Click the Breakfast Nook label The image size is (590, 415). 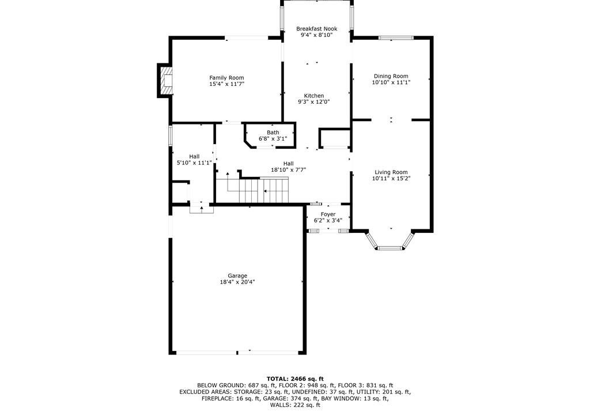click(316, 29)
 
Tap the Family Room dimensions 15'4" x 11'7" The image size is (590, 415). click(226, 84)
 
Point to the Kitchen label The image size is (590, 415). click(314, 96)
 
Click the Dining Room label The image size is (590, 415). click(391, 76)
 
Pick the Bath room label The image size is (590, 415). click(273, 133)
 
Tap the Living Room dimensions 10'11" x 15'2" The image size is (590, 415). click(391, 179)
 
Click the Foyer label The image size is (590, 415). click(328, 214)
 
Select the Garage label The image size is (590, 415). click(237, 276)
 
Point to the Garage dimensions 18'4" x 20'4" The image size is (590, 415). click(237, 282)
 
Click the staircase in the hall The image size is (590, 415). click(252, 190)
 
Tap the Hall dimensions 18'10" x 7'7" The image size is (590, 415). click(288, 170)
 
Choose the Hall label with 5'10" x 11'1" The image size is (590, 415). click(194, 156)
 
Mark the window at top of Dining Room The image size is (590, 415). click(396, 37)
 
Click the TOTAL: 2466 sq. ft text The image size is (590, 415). click(295, 379)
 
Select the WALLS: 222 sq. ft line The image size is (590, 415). click(295, 405)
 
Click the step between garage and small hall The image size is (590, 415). click(201, 208)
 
